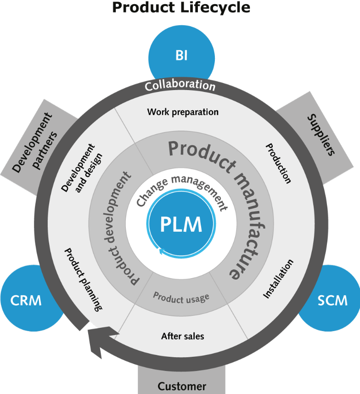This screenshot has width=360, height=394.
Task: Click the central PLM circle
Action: click(181, 225)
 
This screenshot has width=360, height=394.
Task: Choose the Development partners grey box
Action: click(37, 142)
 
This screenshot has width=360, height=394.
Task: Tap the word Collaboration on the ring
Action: click(180, 86)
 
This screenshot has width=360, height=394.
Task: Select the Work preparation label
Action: click(183, 112)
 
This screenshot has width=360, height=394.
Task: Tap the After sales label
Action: click(182, 336)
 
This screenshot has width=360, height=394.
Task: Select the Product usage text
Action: click(181, 296)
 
